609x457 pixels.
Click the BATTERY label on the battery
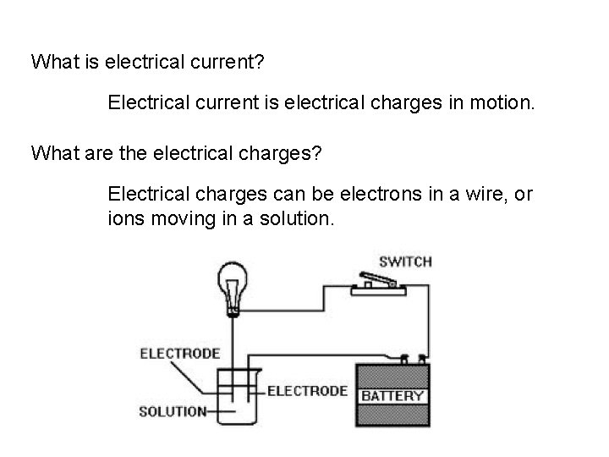pyautogui.click(x=393, y=394)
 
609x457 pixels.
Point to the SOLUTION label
pyautogui.click(x=172, y=412)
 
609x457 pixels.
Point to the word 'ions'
pyautogui.click(x=123, y=219)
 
